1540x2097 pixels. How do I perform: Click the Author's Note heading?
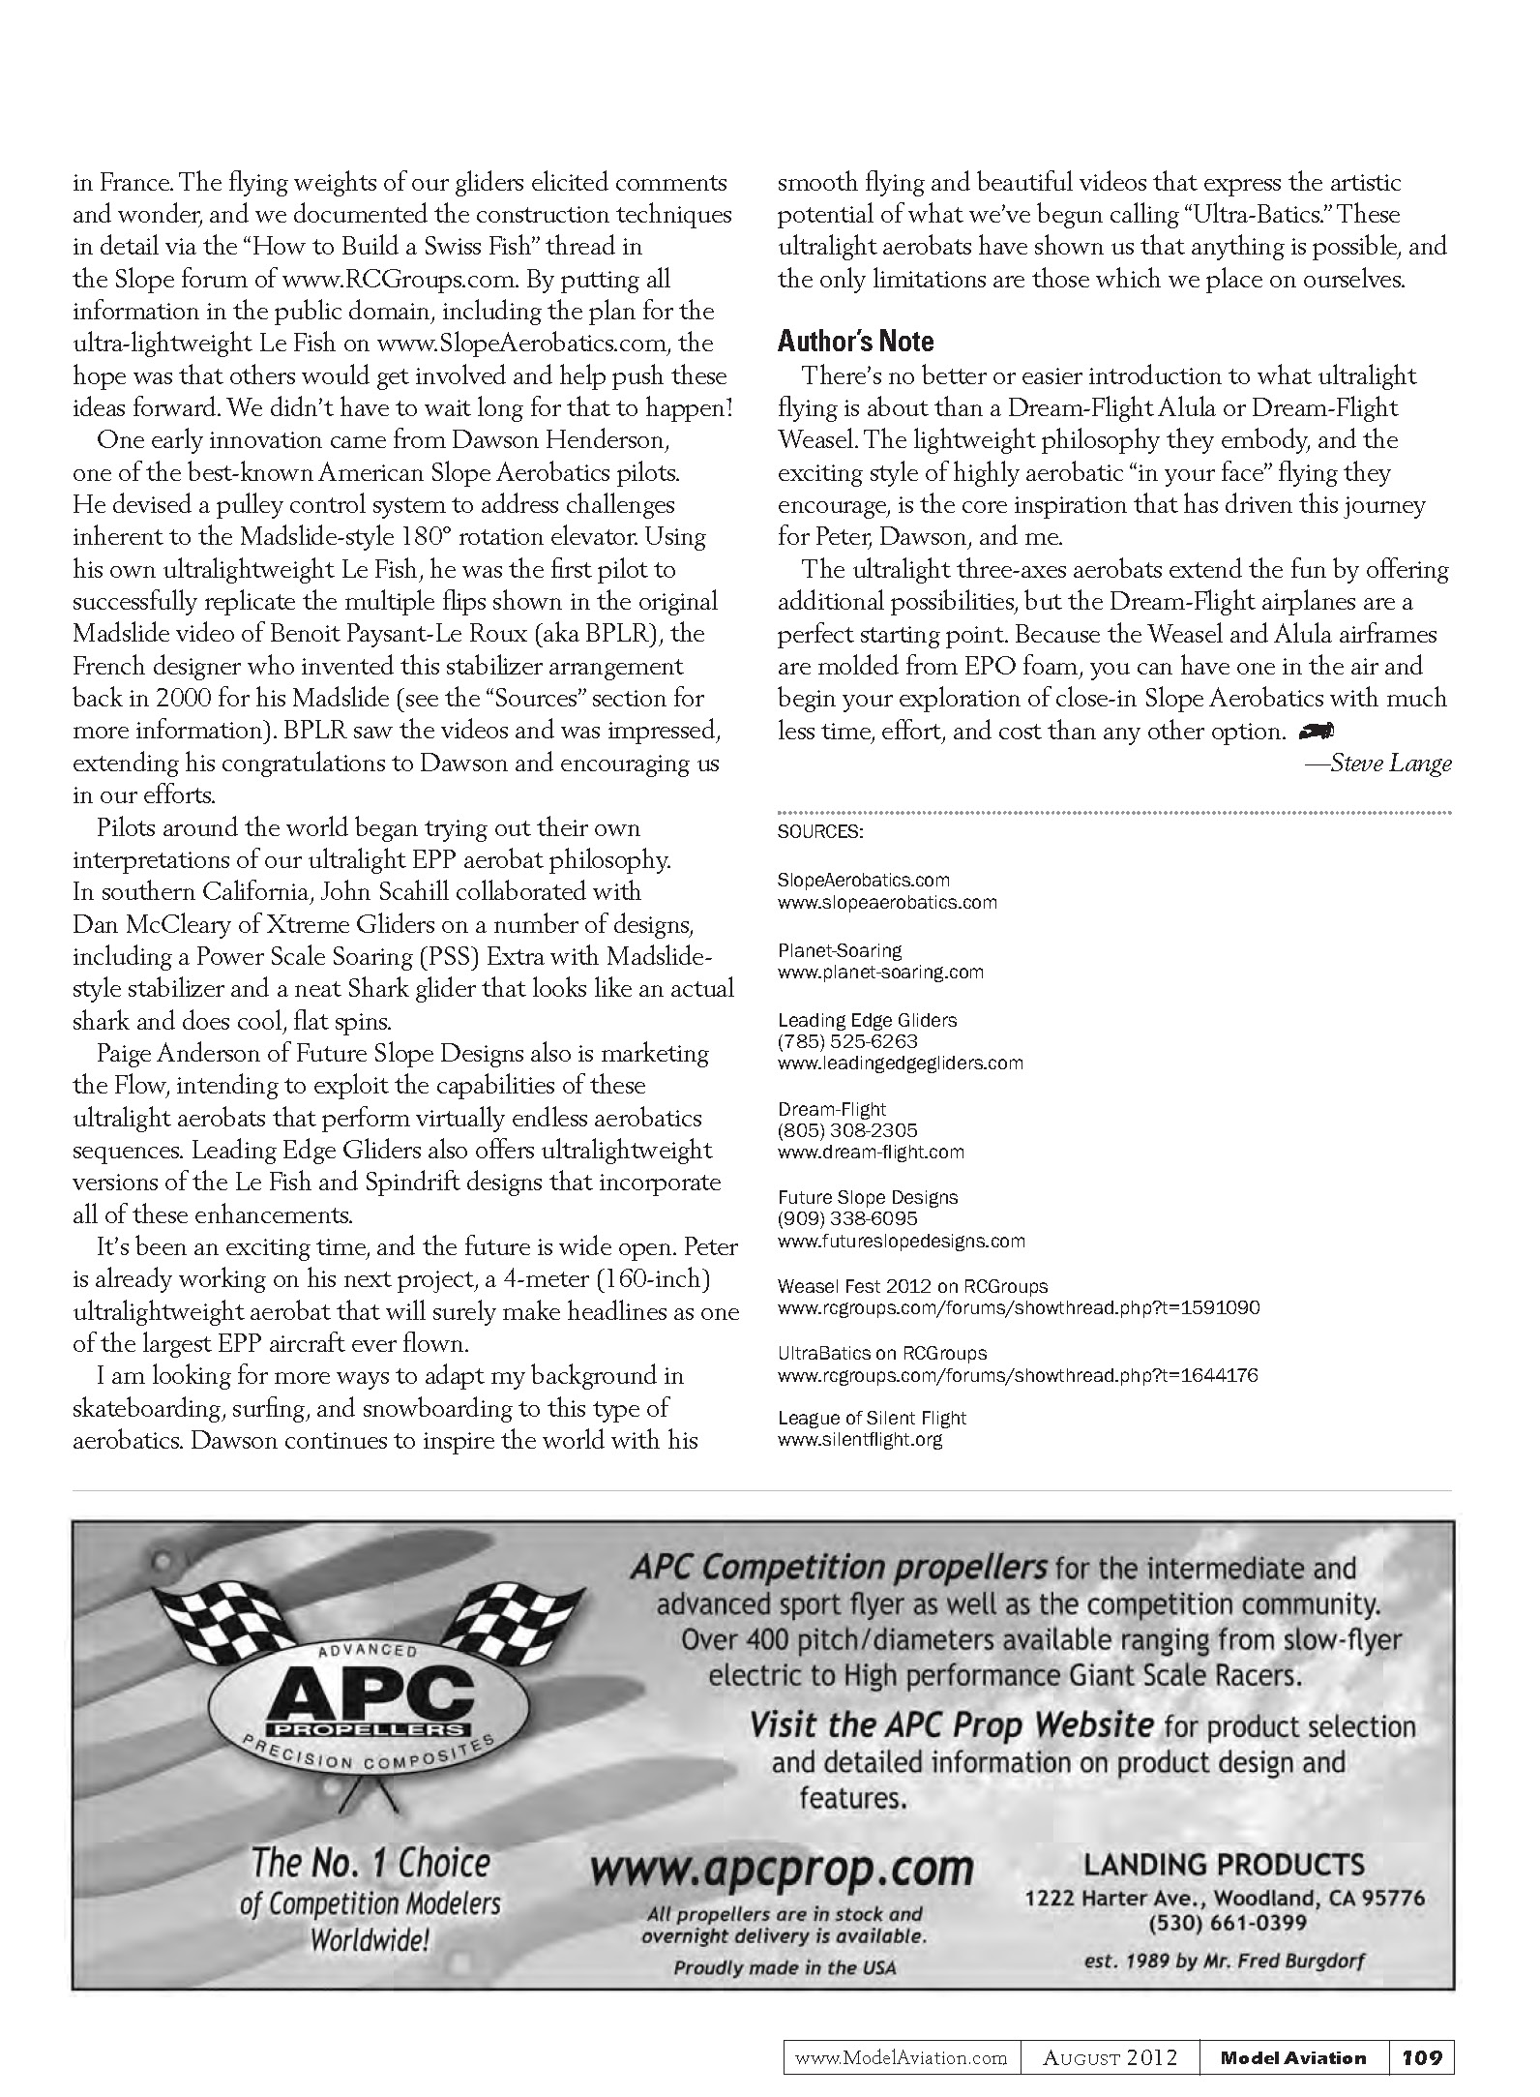(856, 342)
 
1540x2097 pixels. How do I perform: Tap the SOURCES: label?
(820, 831)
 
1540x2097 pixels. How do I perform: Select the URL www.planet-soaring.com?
(880, 973)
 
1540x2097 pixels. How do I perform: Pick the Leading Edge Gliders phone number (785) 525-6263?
(847, 1041)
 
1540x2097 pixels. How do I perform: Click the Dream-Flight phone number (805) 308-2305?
(847, 1130)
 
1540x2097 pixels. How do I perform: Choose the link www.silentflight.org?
(860, 1439)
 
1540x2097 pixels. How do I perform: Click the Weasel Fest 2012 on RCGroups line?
(912, 1286)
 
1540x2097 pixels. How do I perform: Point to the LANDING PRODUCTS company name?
(1224, 1865)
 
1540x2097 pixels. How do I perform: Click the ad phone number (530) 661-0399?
(1227, 1923)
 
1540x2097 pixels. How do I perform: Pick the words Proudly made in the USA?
(784, 1967)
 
